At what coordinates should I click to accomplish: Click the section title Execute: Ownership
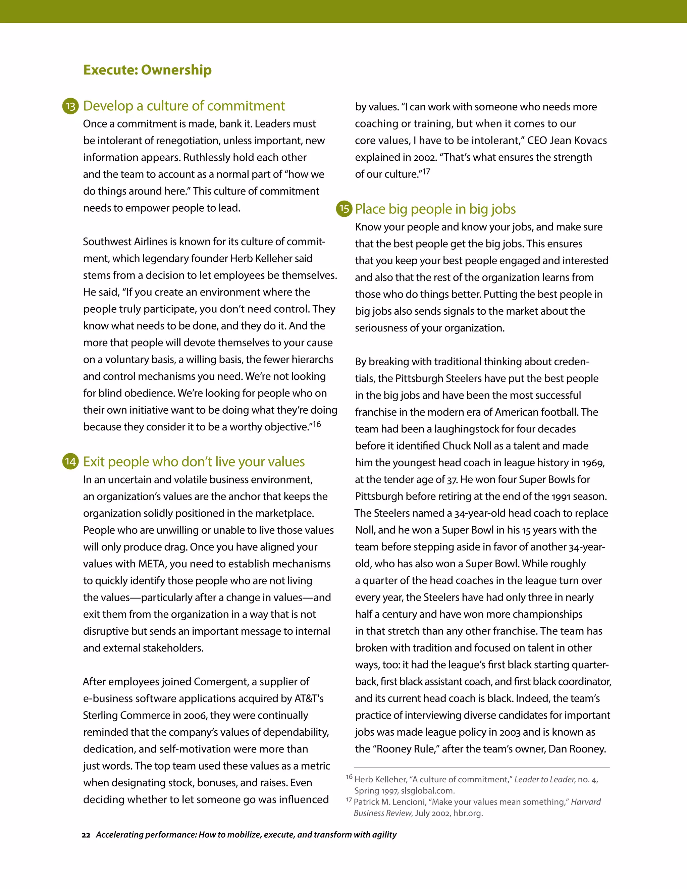click(147, 70)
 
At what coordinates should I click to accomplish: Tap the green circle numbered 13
click(70, 106)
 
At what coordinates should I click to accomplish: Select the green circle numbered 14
click(70, 462)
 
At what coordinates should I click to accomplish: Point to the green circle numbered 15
click(344, 209)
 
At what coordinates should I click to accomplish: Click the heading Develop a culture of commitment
click(184, 106)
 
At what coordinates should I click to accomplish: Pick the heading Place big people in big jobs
click(435, 209)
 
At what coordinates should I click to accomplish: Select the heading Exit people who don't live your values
click(194, 462)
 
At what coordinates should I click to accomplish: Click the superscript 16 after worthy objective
click(317, 425)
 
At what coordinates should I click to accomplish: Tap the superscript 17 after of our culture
click(426, 172)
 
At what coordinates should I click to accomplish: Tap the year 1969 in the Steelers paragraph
click(593, 463)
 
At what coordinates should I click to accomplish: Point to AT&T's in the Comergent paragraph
click(309, 698)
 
